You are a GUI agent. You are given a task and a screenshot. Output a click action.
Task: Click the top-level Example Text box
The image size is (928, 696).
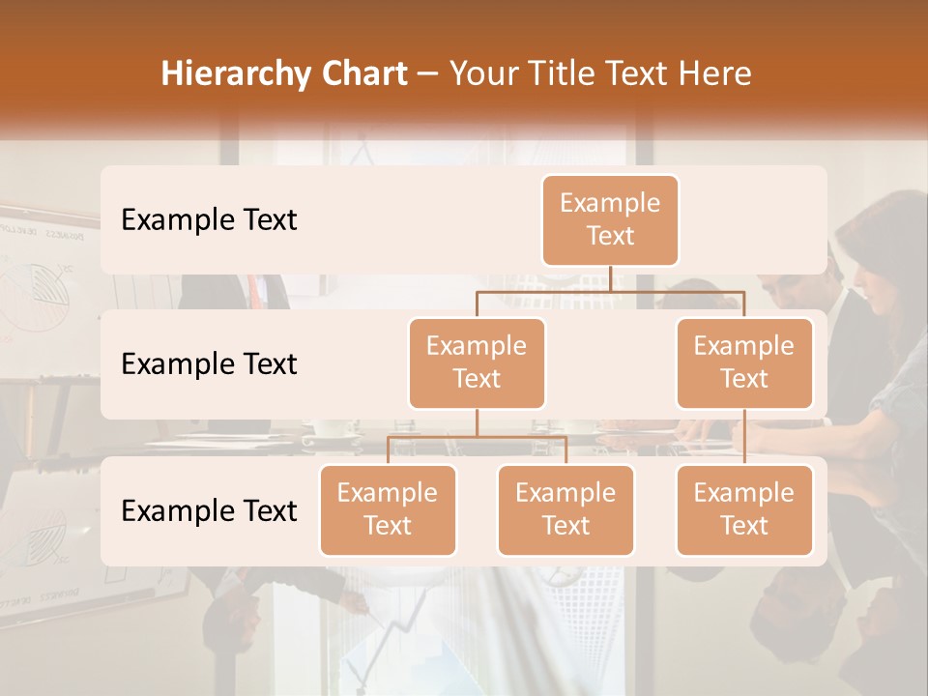(x=610, y=219)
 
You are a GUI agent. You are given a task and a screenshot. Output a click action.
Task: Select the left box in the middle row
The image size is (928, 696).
(x=477, y=362)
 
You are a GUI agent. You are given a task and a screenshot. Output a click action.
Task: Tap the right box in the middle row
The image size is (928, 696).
(x=744, y=362)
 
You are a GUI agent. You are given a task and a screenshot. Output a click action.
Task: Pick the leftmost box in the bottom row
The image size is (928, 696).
(x=388, y=509)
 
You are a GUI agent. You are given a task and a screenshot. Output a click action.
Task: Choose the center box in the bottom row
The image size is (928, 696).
(x=565, y=509)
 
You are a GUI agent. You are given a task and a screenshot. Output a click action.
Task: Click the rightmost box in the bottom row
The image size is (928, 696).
(x=744, y=509)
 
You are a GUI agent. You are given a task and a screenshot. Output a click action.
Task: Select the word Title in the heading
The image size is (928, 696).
(x=565, y=74)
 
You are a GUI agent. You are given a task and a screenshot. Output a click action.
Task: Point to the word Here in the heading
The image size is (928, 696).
(x=714, y=74)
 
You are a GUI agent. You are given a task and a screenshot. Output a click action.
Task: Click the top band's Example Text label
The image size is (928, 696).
(x=209, y=219)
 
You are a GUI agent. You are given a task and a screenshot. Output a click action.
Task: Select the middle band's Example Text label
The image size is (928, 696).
(x=209, y=363)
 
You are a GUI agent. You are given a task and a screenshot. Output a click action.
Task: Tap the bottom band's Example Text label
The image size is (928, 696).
(x=209, y=510)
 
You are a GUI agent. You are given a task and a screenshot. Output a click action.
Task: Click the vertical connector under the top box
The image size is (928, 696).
(x=611, y=278)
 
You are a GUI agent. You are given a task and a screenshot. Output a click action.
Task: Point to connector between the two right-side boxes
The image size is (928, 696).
(x=744, y=436)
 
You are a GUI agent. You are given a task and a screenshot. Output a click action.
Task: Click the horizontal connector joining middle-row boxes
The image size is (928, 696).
(x=611, y=289)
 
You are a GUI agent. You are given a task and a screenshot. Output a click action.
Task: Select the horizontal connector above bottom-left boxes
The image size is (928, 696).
(x=477, y=437)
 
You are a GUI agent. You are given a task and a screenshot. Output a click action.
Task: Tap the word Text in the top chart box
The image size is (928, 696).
(x=610, y=236)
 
